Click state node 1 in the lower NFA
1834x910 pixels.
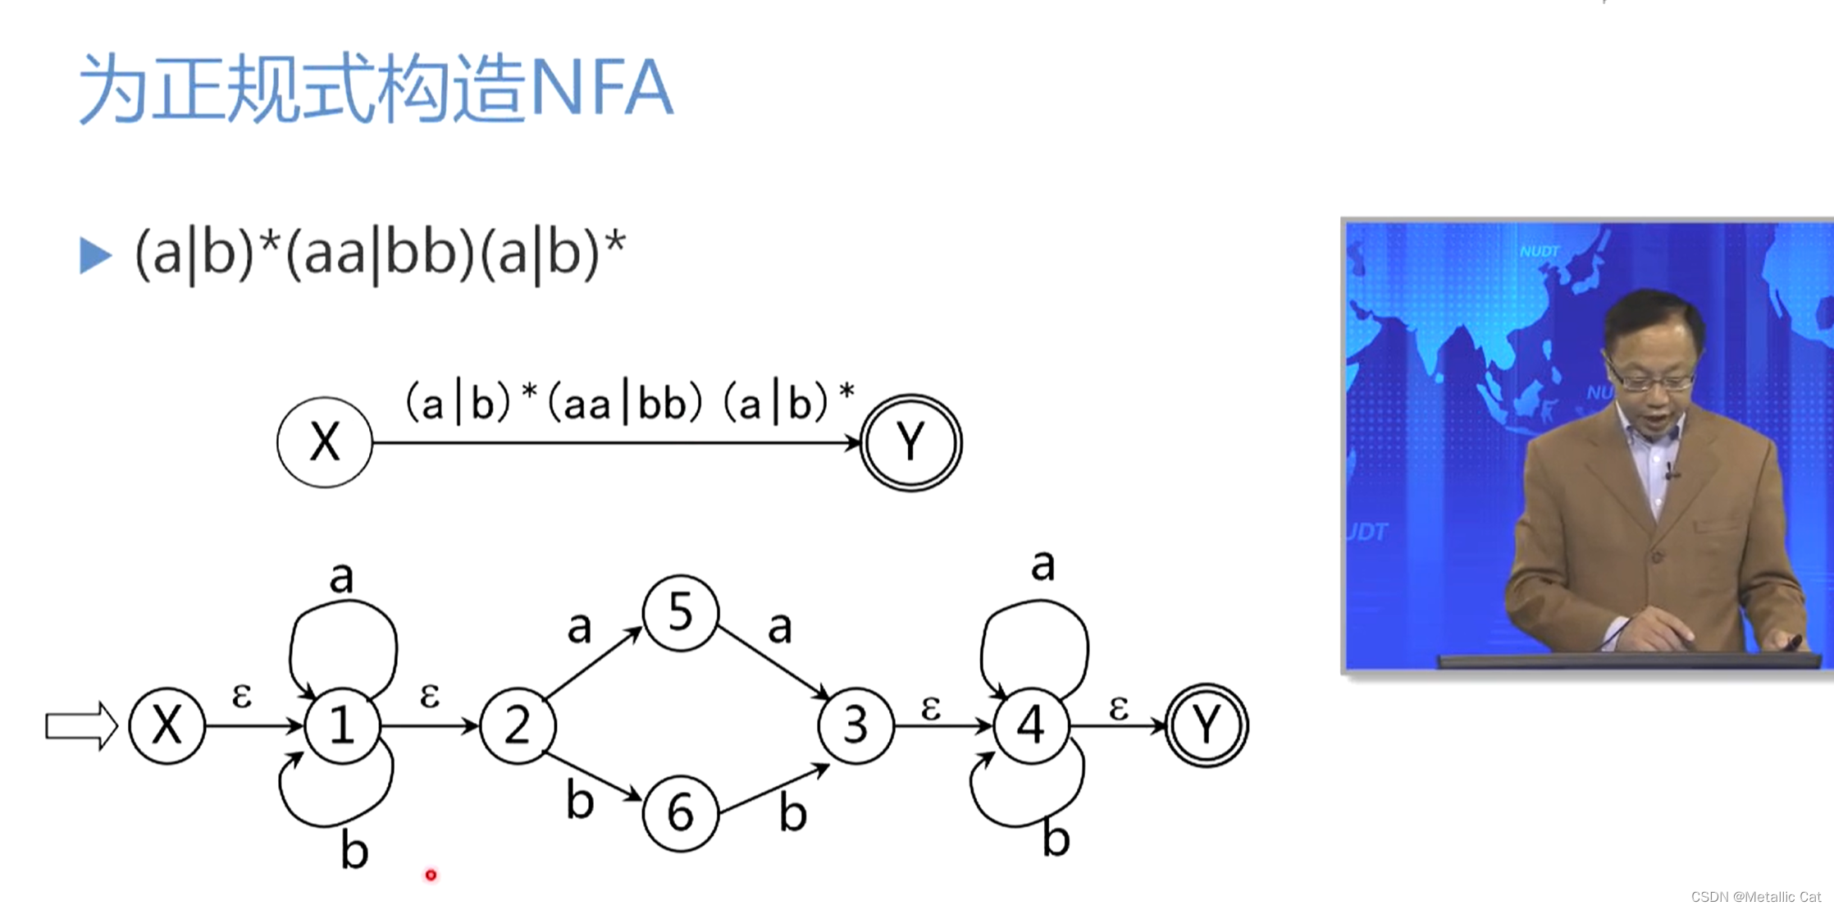tap(342, 726)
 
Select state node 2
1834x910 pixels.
tap(517, 726)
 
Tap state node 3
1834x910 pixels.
tap(855, 726)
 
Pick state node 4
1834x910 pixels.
tap(1031, 726)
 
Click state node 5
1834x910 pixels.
tap(681, 613)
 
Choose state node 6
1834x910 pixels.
tap(681, 813)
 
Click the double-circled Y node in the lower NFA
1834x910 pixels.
tap(1207, 726)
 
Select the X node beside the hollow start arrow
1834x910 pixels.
tap(167, 726)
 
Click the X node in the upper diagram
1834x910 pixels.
tap(325, 442)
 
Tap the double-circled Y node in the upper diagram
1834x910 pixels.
tap(910, 442)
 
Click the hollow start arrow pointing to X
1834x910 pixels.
tap(80, 726)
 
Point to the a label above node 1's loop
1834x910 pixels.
tap(341, 578)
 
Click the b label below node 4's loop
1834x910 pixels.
tap(1056, 839)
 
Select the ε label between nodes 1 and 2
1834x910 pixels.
tap(429, 695)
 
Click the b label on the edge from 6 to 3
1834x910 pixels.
tap(792, 813)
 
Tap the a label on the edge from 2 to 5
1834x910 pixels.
tap(579, 628)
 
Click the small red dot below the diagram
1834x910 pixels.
tap(431, 876)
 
